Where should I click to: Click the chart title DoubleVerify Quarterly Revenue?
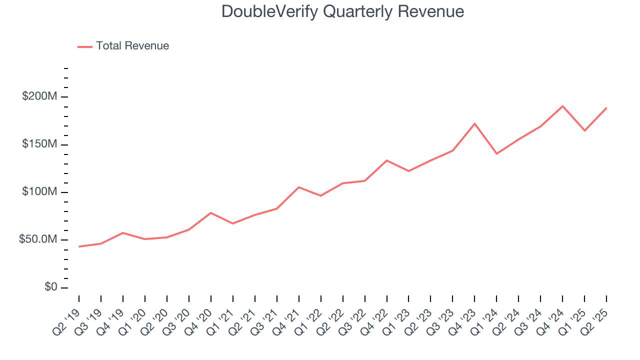(343, 11)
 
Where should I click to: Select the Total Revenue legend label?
(132, 46)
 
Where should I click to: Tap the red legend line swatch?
(85, 46)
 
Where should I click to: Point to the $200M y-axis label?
(39, 96)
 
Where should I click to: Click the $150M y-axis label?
(39, 144)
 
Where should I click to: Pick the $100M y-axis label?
(39, 192)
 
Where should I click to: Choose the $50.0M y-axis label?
(37, 240)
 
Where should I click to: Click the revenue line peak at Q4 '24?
(562, 106)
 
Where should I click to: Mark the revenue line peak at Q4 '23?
(474, 123)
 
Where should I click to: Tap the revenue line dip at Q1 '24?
(496, 153)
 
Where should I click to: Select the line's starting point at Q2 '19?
(79, 246)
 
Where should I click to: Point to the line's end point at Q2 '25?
(606, 107)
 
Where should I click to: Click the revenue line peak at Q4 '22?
(386, 160)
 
